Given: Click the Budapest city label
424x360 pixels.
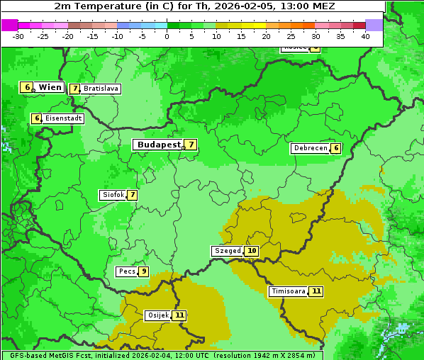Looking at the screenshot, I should (x=159, y=145).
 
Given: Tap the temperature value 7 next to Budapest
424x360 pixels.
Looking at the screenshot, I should (x=190, y=145).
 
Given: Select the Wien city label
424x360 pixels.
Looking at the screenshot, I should (x=50, y=87).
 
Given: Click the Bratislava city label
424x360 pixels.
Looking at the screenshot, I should (x=100, y=89).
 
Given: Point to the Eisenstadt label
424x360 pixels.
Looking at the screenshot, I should (x=63, y=118).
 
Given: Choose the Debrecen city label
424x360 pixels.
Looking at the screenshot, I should (x=310, y=148).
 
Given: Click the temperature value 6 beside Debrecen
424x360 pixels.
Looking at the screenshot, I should (x=336, y=148).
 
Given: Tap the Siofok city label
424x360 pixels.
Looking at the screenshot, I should (x=113, y=195).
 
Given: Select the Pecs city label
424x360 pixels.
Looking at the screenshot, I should (x=127, y=271).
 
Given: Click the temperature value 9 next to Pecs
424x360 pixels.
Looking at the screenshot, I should (x=143, y=271).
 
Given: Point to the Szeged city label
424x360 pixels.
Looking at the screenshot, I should (x=228, y=251).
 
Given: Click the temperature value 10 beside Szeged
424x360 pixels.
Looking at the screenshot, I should (x=252, y=251).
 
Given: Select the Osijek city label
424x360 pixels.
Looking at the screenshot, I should (x=157, y=315).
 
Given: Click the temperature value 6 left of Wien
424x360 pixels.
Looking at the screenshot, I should (x=27, y=87).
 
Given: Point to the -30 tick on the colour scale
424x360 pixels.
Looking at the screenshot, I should (x=18, y=35).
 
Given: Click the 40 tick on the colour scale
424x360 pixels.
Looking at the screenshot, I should (x=365, y=35).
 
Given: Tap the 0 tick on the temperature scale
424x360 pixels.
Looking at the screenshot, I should (x=167, y=35).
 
